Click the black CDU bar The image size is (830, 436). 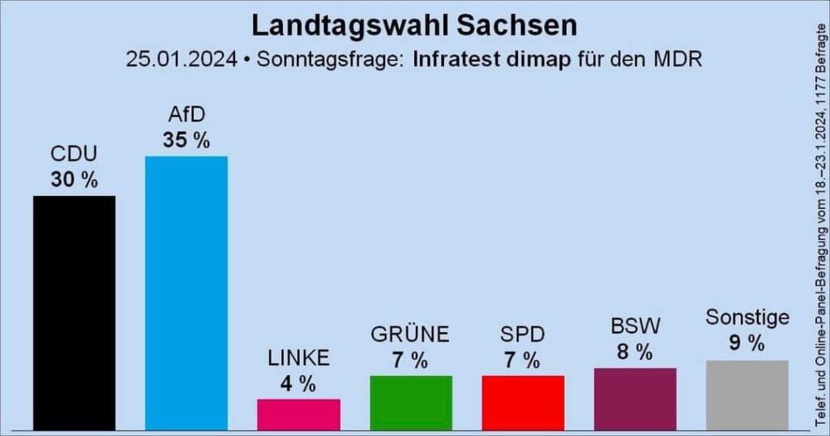tap(74, 312)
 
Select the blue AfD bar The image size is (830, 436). tap(186, 292)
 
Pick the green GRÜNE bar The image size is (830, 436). tap(410, 402)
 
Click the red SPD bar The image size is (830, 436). tap(523, 402)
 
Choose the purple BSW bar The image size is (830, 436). tap(635, 398)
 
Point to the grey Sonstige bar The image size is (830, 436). tap(747, 395)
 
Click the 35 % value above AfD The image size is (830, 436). tap(186, 140)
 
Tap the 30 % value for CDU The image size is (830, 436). tap(74, 180)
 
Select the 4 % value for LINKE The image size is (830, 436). tap(298, 383)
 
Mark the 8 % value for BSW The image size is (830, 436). tap(635, 352)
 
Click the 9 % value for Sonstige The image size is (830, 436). tap(747, 344)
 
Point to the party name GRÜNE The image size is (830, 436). tap(410, 334)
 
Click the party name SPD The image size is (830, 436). tap(523, 334)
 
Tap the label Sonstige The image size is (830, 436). tap(747, 317)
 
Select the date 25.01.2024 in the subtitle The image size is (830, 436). tap(182, 60)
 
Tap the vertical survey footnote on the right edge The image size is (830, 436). tap(817, 219)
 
